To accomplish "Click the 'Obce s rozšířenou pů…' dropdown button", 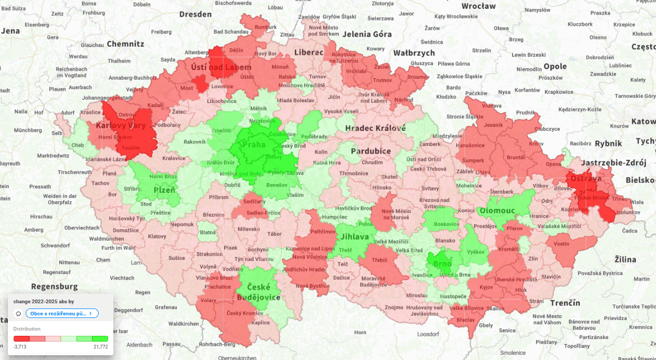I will point(62,313).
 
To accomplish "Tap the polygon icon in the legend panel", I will point(18,314).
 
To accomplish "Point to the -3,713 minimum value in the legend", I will point(20,347).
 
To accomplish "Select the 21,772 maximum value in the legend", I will point(101,347).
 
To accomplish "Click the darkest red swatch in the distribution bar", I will point(22,339).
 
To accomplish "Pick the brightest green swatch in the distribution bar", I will point(100,339).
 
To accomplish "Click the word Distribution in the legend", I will point(27,329).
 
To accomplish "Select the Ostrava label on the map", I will point(586,179).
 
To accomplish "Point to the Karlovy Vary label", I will point(121,126).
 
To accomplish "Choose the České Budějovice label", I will point(259,292).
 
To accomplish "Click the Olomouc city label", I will point(498,211).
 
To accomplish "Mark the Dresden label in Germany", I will point(195,14).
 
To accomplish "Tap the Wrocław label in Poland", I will point(478,6).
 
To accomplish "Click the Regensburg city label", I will point(55,286).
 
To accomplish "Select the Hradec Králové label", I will point(375,128).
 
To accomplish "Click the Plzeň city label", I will point(164,190).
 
